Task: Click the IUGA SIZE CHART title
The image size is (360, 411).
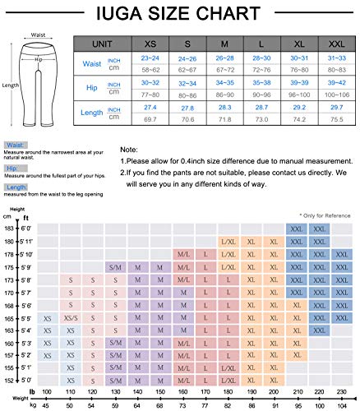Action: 179,15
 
